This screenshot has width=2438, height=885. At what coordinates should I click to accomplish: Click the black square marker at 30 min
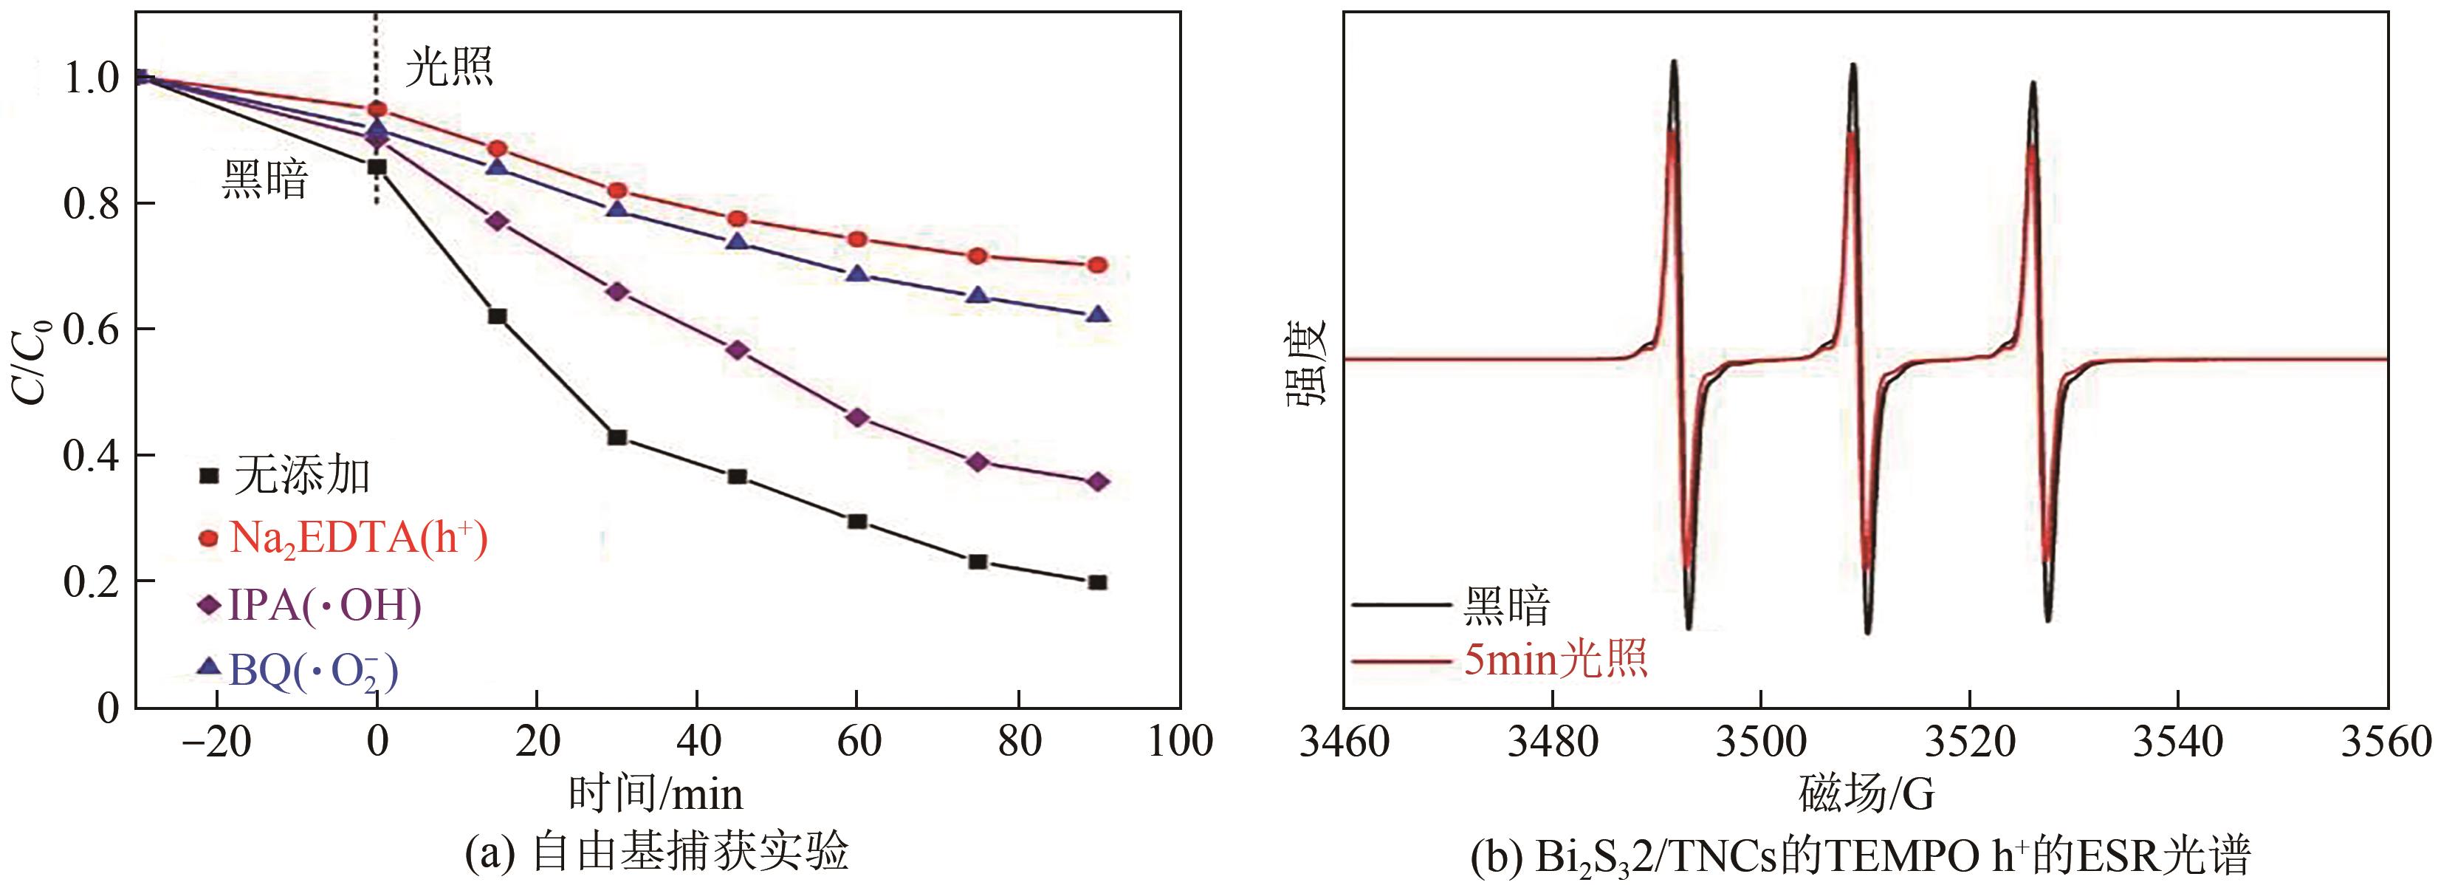click(x=617, y=437)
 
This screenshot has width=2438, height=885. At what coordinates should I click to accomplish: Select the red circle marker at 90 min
click(x=1098, y=265)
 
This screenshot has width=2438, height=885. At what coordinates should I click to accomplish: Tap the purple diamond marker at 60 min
click(x=857, y=417)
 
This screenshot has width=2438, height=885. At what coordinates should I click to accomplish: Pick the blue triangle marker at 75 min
click(x=978, y=295)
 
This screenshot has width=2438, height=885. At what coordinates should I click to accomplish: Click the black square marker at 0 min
click(x=377, y=167)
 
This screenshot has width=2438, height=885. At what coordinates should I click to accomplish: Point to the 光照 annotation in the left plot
click(x=450, y=68)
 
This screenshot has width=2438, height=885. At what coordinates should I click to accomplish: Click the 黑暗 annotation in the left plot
click(x=265, y=179)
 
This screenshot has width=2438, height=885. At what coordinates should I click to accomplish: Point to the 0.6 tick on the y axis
click(x=91, y=329)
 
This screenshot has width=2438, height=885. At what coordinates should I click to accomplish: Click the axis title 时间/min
click(x=655, y=793)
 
